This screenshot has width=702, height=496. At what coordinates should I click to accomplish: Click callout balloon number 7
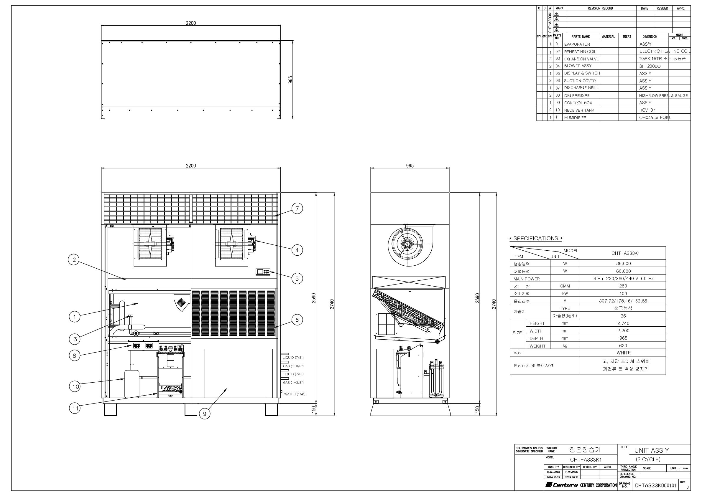(297, 209)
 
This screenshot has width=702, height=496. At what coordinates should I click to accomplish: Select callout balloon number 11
(75, 408)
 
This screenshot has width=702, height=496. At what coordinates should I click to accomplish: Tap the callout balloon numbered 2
(74, 260)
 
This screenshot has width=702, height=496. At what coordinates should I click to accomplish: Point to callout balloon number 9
(205, 414)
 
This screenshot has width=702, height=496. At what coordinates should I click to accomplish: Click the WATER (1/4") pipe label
(295, 394)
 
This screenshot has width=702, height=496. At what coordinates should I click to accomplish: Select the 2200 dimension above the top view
(191, 23)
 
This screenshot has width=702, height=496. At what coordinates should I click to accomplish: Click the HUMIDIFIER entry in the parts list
(575, 118)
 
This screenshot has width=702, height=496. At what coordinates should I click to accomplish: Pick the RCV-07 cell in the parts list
(647, 110)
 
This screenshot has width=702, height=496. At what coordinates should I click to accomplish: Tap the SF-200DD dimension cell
(650, 66)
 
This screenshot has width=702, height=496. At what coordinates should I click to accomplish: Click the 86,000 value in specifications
(623, 264)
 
